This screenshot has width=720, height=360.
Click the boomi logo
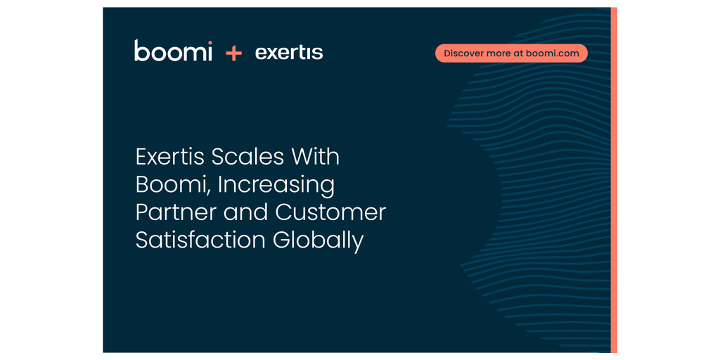173,51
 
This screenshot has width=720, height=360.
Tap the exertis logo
289,53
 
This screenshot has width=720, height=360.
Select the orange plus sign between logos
233,53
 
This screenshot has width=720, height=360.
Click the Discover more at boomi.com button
511,53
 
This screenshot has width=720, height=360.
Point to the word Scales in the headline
242,157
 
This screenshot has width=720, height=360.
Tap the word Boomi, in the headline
173,185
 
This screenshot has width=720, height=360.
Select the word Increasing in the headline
276,186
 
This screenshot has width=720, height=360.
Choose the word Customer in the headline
330,213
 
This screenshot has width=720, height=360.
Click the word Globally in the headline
318,242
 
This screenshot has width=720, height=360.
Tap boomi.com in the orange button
553,53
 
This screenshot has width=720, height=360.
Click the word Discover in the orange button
461,53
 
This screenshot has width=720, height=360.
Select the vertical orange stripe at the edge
614,180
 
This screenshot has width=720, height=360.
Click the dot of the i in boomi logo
210,42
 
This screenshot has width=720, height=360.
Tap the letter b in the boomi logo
142,51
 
